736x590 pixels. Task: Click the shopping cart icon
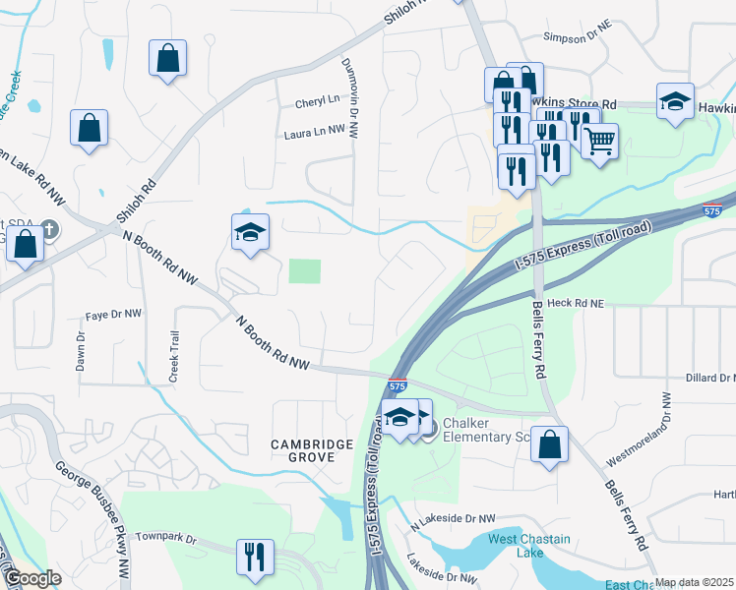[x=599, y=142]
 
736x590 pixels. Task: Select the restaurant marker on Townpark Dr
[x=255, y=558]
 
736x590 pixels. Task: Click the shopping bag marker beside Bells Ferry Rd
[x=550, y=444]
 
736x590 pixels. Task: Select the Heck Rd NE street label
[x=574, y=304]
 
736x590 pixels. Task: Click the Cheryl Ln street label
[x=317, y=101]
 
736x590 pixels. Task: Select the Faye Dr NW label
[x=113, y=315]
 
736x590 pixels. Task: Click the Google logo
[x=32, y=579]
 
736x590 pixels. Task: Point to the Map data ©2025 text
[x=694, y=582]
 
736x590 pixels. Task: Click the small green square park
[x=305, y=270]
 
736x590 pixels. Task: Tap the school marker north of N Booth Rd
[x=250, y=233]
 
